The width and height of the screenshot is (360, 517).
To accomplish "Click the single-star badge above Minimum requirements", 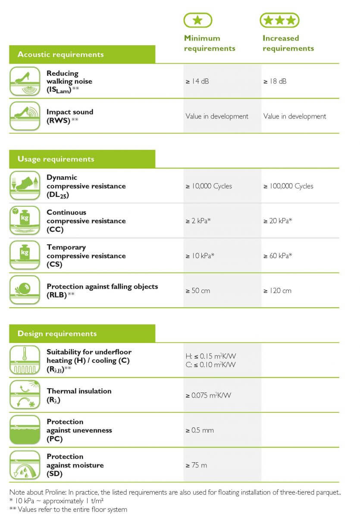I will point(198,20).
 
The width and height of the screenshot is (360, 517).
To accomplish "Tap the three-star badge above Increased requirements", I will point(279,20).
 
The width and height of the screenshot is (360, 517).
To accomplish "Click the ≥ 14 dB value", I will point(197,81).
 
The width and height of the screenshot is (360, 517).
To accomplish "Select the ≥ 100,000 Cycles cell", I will point(288,186).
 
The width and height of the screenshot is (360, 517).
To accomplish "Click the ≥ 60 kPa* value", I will point(278,256).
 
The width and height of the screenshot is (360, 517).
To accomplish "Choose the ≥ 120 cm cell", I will point(277,291).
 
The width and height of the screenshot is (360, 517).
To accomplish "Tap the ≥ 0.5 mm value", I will point(200,430).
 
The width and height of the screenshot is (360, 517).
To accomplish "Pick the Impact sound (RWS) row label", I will point(70,116).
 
